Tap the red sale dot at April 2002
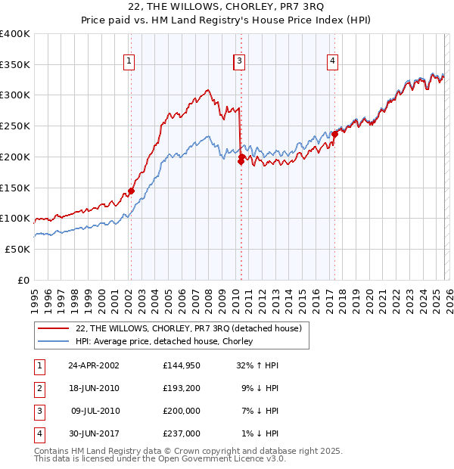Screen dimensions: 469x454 tap(131, 191)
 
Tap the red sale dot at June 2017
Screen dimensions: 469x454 tap(334, 134)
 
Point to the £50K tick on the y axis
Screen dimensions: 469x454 tap(17, 249)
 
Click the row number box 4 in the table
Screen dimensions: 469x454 tap(38, 433)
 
